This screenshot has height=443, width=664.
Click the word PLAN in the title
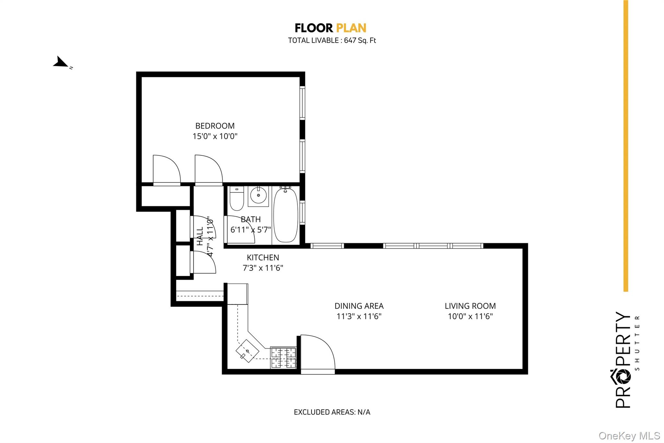351,28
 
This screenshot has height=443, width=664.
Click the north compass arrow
61,62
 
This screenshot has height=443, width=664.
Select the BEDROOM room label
215,126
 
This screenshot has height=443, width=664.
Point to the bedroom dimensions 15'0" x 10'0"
215,136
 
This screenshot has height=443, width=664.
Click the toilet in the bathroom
237,199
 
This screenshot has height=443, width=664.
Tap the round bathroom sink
258,195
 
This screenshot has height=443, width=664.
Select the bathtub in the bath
286,215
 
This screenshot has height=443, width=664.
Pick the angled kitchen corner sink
247,351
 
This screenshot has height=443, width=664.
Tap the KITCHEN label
263,258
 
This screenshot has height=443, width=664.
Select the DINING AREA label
359,306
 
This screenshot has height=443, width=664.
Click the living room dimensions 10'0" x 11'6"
470,316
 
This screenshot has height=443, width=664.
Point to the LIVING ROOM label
470,306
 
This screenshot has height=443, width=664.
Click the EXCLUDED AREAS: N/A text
332,412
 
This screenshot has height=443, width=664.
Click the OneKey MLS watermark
629,436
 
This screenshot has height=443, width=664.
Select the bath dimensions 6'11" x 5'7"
250,230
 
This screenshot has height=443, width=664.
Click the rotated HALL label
200,236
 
